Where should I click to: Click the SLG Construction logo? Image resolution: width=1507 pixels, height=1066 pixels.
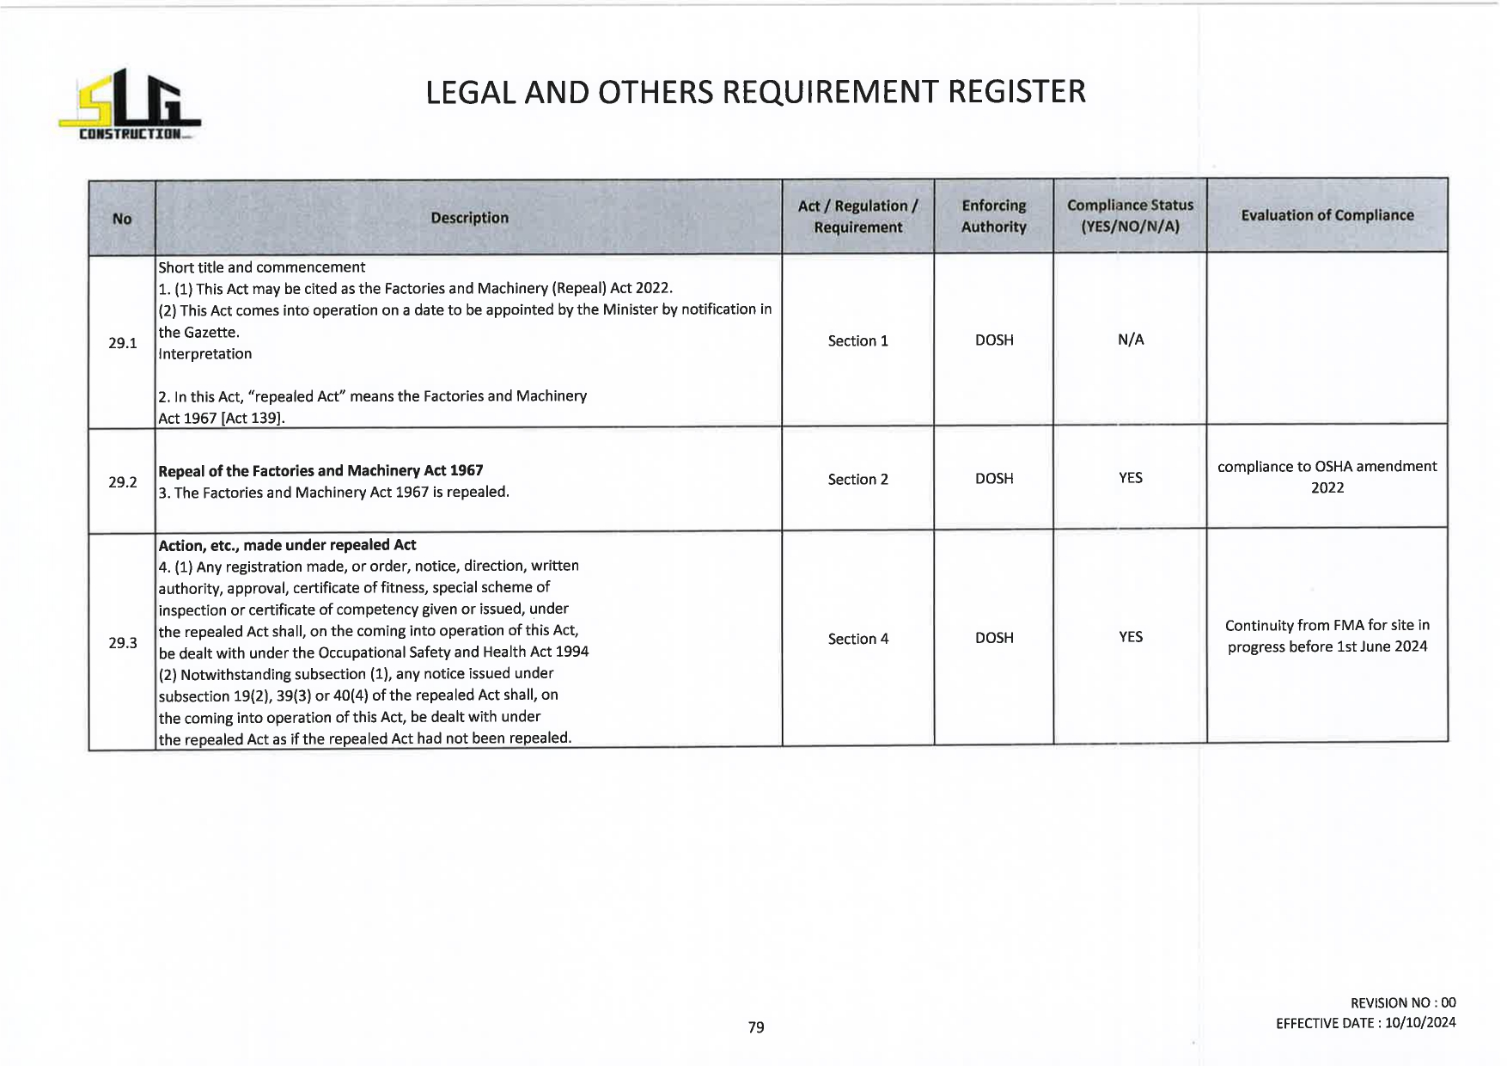[129, 105]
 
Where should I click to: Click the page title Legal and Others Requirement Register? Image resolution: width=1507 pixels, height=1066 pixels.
[755, 92]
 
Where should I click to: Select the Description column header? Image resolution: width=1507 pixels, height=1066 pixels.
[469, 217]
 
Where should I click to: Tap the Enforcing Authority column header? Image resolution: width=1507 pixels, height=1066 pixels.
[993, 217]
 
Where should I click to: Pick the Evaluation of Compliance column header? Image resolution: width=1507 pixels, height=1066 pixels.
[1327, 216]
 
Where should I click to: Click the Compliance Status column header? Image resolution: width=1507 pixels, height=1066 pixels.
[1130, 217]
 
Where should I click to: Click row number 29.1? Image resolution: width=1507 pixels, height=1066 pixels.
[123, 343]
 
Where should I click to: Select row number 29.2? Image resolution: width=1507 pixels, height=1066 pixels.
[123, 482]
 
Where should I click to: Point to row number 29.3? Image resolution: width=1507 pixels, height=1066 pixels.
[123, 643]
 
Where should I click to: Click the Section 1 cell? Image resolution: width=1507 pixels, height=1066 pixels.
[857, 341]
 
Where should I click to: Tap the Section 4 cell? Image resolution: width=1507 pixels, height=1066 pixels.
[857, 639]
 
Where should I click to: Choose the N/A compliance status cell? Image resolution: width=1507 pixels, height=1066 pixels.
[1131, 340]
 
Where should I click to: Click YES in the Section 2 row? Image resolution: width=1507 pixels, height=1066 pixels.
[1131, 478]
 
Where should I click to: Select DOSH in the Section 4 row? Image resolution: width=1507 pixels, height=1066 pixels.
[994, 638]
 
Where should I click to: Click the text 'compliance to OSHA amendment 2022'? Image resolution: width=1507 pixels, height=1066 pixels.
[1327, 477]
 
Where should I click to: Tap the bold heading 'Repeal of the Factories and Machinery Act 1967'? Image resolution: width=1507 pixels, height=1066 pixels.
[320, 471]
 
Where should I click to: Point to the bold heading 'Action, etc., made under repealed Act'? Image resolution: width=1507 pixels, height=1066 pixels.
[287, 545]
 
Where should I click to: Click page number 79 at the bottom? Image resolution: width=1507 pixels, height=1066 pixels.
[756, 1027]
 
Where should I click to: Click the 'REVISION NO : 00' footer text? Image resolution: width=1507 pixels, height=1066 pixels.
[1403, 1002]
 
